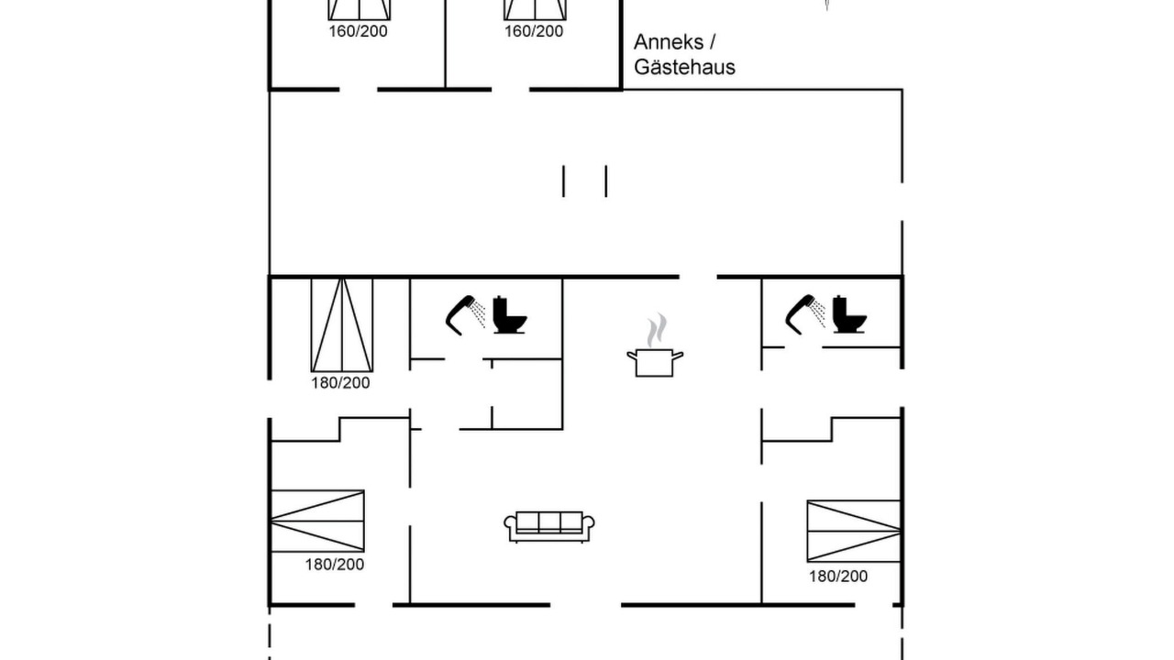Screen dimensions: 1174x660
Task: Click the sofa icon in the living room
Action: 548,526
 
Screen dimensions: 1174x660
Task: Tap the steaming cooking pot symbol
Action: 655,346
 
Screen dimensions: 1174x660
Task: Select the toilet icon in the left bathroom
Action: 509,314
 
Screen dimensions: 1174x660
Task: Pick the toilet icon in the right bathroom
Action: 849,314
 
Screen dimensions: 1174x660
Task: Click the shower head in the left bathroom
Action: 464,314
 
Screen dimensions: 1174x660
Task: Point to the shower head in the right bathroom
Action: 803,314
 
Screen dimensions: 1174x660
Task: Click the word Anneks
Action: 669,42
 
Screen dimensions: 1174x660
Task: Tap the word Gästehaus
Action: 684,67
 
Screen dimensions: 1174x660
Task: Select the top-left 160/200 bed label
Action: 358,31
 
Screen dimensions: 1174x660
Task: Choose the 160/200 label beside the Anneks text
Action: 534,31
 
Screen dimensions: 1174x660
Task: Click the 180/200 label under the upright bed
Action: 340,383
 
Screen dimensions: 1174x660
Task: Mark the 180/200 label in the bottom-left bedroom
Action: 335,565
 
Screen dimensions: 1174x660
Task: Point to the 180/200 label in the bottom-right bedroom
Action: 838,577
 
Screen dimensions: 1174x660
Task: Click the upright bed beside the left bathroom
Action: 342,325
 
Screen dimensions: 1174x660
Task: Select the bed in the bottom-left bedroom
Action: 317,522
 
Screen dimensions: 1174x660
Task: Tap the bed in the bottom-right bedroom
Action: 854,531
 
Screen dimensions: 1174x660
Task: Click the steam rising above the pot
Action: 656,330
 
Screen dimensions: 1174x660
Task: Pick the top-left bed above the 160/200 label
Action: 360,9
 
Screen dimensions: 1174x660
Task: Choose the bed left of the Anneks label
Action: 535,9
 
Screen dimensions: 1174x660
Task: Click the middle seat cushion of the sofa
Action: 549,522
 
